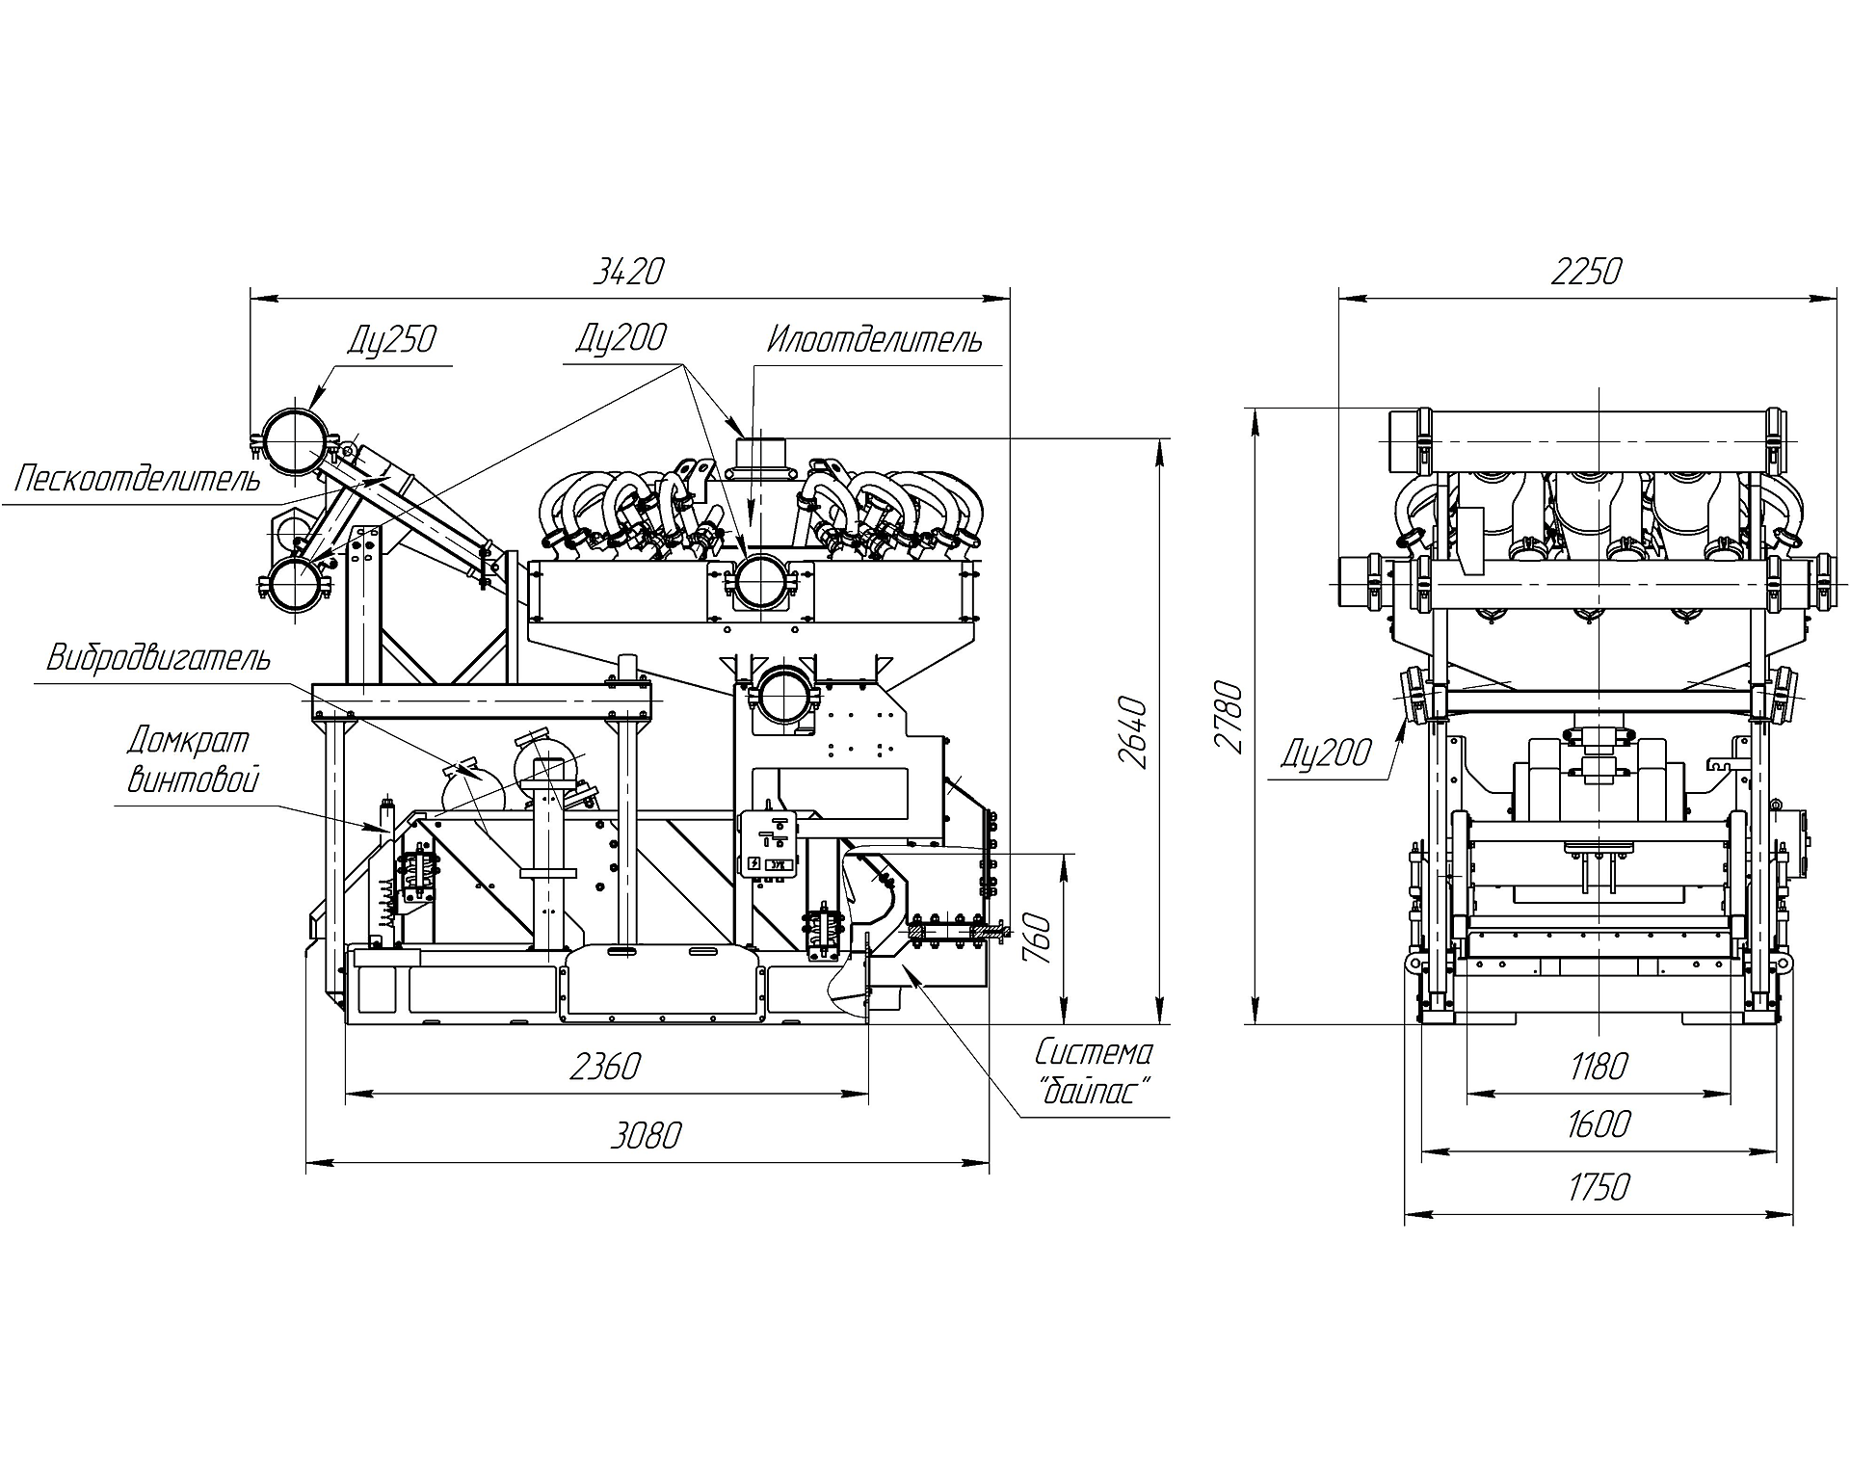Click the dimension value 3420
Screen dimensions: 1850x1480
pos(628,272)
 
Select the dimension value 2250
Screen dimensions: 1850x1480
pos(1586,272)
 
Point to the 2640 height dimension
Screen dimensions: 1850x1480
pos(1135,732)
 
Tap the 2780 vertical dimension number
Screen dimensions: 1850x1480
pos(1229,717)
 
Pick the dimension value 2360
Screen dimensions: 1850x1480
pos(605,1067)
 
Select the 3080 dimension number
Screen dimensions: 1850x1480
pos(645,1136)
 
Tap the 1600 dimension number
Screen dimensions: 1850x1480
pos(1599,1124)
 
